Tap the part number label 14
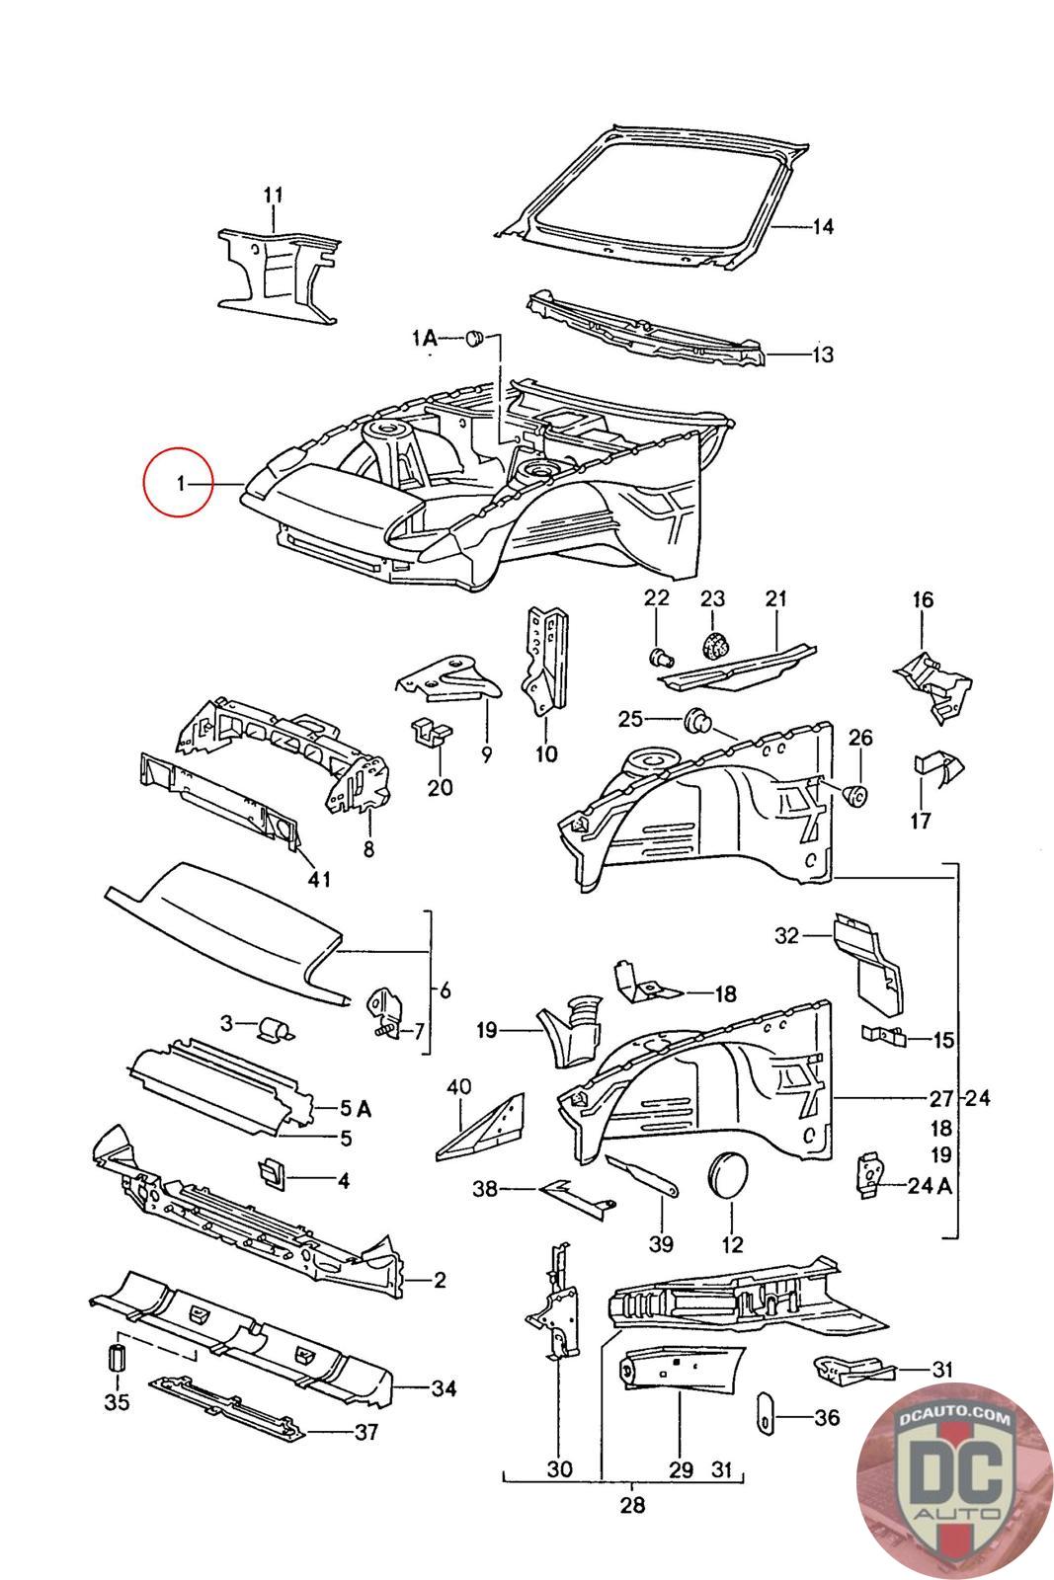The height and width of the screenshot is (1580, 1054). (x=823, y=227)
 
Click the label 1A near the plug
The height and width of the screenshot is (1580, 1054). (x=425, y=339)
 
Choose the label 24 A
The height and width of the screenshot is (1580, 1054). (x=930, y=1185)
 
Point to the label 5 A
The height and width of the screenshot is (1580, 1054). (x=357, y=1109)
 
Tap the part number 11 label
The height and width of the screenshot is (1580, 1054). (x=274, y=194)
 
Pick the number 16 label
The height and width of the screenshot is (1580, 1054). (x=923, y=599)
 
